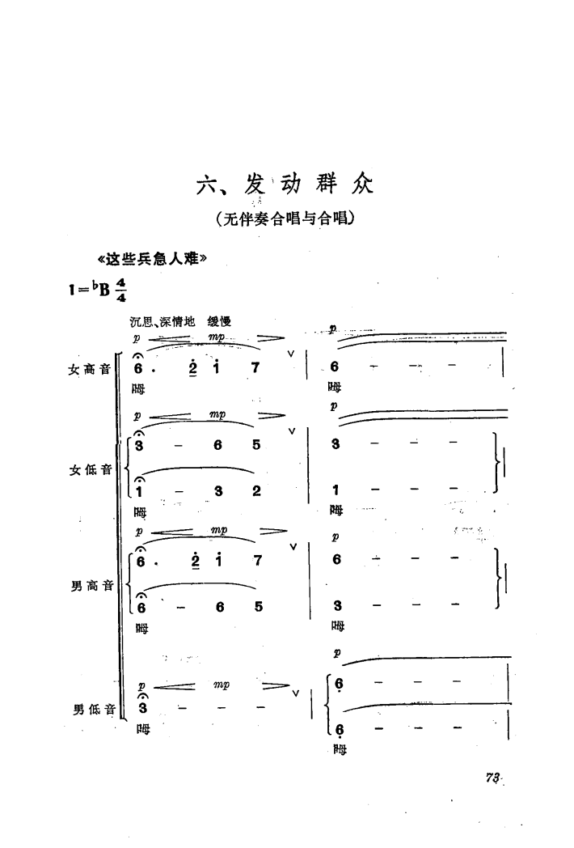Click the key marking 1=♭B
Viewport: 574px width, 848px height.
91,288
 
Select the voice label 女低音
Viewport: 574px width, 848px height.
91,468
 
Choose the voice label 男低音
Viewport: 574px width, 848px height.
91,710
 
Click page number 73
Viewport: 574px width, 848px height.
492,778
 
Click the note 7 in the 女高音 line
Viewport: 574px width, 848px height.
255,367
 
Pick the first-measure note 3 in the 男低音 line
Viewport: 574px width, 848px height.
142,708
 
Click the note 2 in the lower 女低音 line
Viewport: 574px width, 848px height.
255,490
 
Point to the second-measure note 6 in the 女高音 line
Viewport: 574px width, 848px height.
336,367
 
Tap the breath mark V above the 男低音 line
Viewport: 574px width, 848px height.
295,693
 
